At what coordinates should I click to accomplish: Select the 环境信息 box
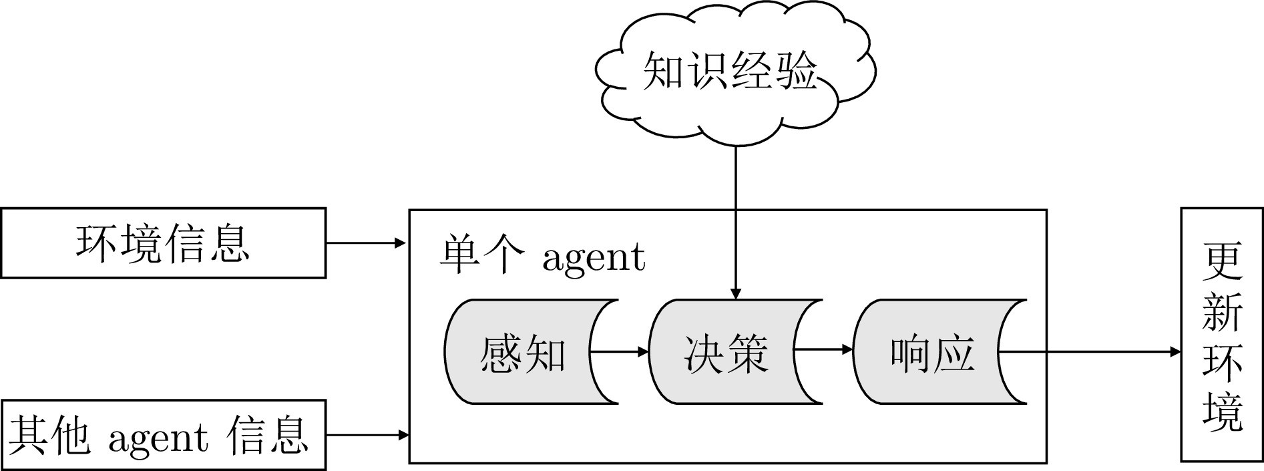click(163, 243)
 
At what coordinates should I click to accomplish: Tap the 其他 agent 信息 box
click(163, 435)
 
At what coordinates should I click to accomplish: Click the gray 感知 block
click(522, 352)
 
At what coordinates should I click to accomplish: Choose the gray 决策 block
click(726, 352)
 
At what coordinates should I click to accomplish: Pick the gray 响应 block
click(932, 352)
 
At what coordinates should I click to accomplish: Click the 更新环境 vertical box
click(1222, 334)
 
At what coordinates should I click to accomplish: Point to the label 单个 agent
click(542, 257)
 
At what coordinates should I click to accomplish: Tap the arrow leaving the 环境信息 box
click(366, 243)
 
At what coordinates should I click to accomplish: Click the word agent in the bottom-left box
click(158, 438)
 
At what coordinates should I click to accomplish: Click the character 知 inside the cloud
click(663, 70)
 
